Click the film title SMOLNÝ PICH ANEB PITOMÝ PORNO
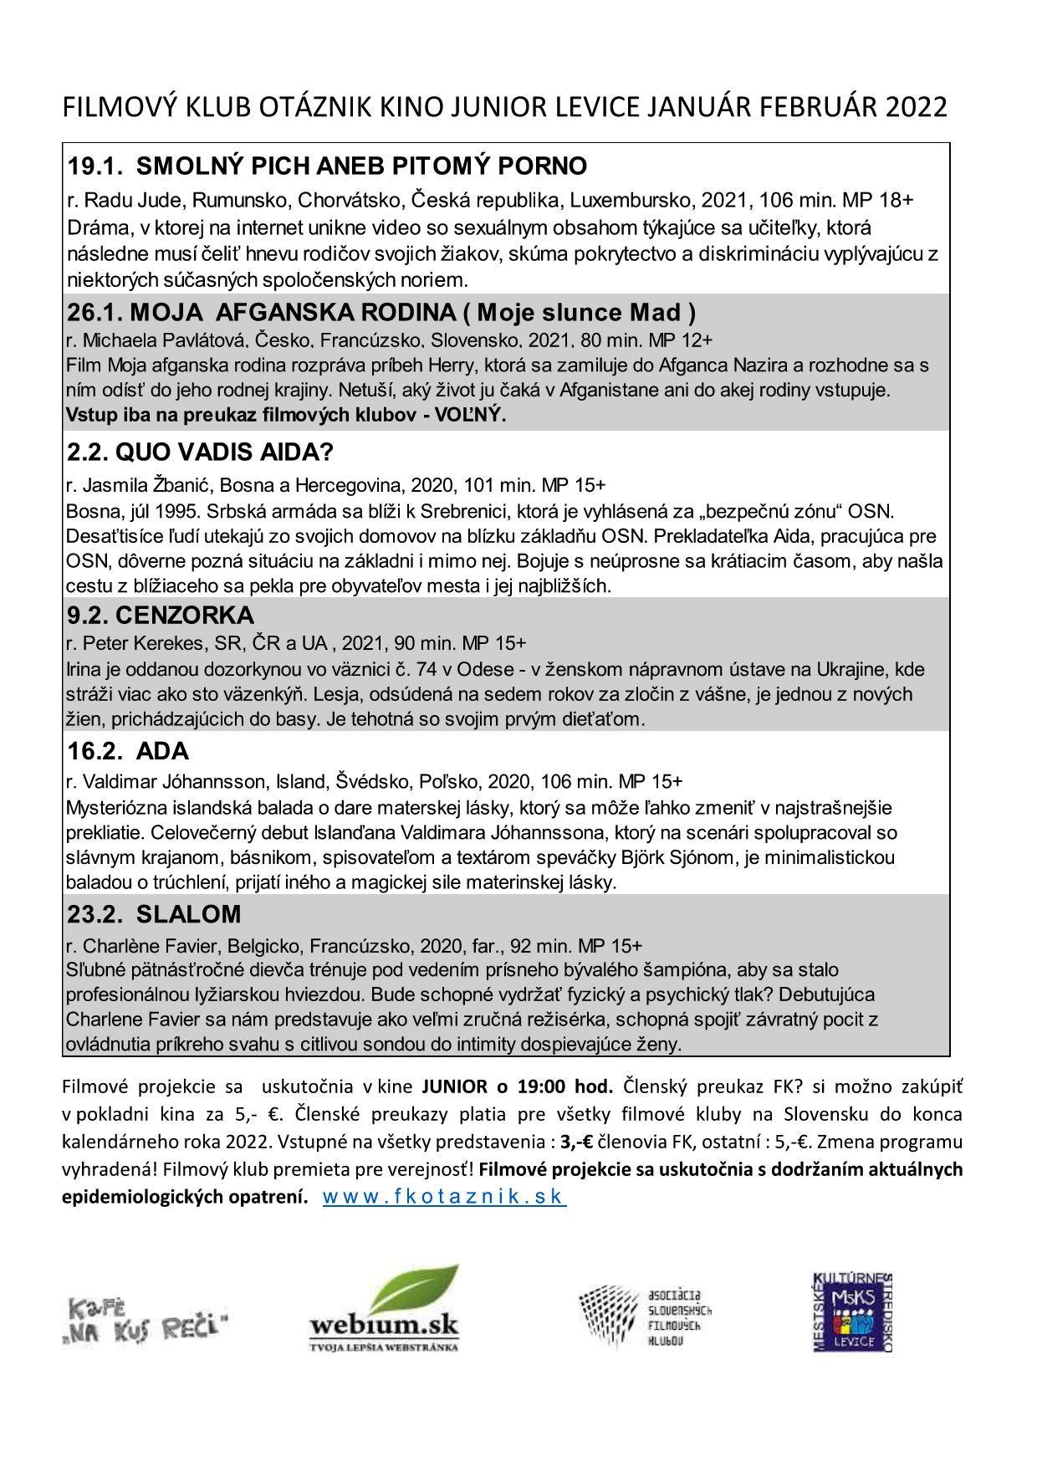(361, 166)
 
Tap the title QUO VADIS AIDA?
(224, 452)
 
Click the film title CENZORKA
(185, 616)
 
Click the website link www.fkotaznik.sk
(444, 1196)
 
